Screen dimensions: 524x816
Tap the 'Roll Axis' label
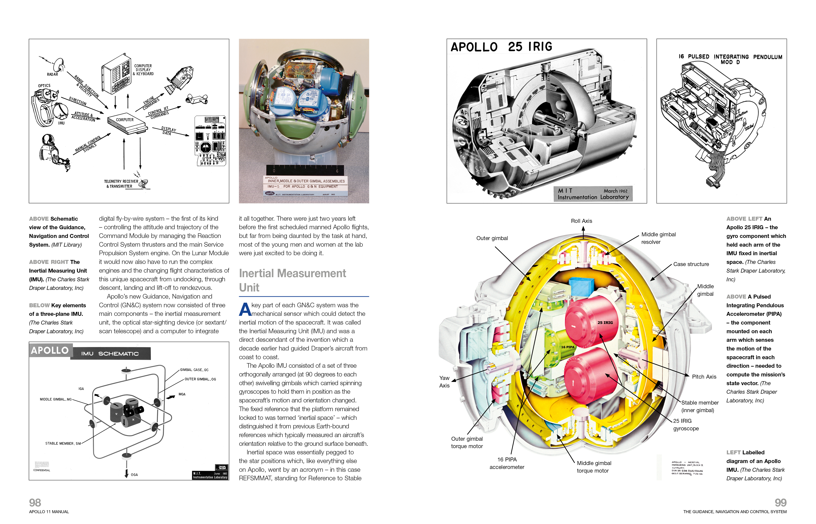581,221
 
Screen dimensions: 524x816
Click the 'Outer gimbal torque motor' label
467,442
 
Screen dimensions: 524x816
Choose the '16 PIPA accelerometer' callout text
507,463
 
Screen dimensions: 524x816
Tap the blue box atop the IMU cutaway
581,286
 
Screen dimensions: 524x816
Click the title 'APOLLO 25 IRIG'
501,47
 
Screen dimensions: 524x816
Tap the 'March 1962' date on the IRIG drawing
615,191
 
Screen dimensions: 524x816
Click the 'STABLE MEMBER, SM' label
63,443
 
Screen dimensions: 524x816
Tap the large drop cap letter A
245,309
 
